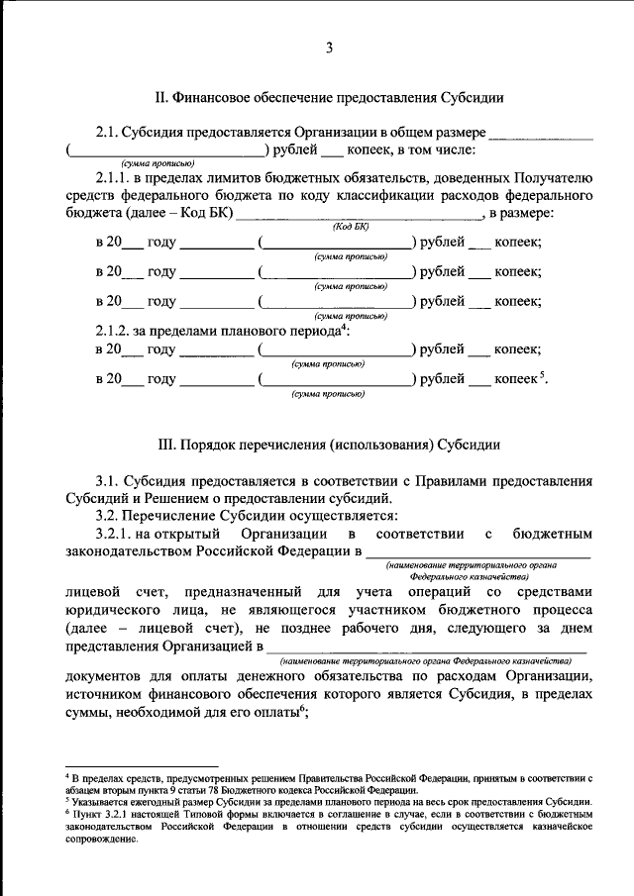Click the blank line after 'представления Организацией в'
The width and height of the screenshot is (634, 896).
click(426, 648)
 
